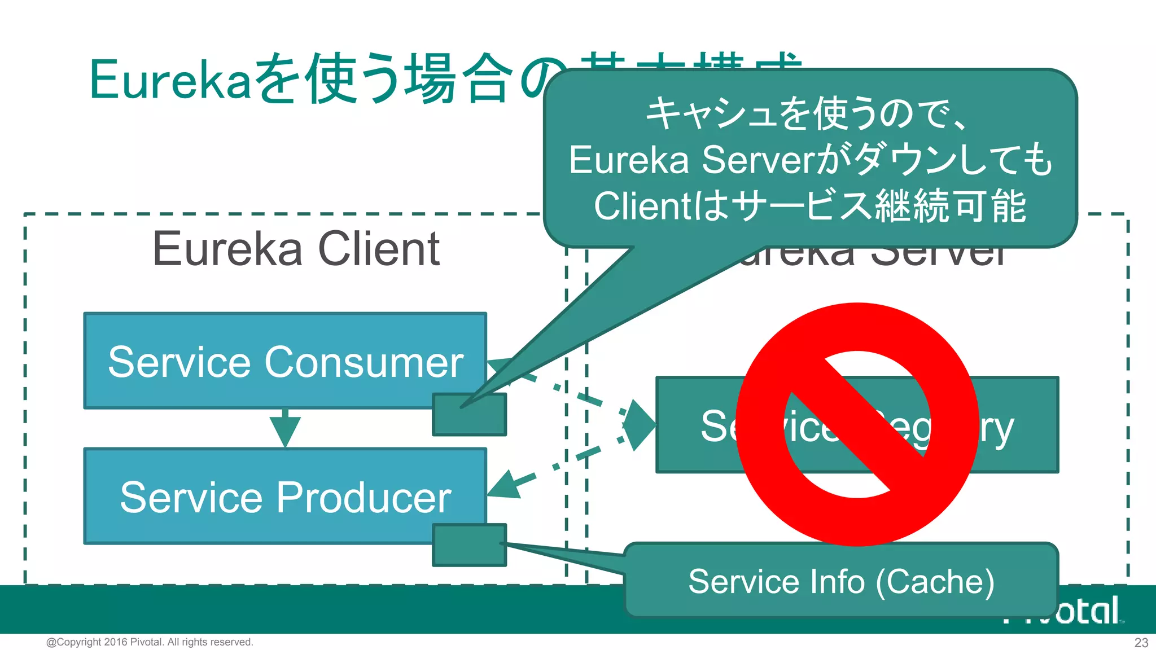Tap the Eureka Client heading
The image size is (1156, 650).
[x=296, y=249]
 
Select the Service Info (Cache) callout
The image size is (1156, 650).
[x=841, y=581]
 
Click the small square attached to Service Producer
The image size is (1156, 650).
[x=469, y=545]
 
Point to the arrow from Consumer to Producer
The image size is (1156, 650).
[x=285, y=429]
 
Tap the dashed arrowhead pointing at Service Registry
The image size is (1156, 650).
[x=639, y=424]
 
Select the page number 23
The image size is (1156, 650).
[x=1141, y=643]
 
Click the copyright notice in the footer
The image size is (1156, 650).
[x=150, y=642]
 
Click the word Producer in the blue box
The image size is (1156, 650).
[x=364, y=498]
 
